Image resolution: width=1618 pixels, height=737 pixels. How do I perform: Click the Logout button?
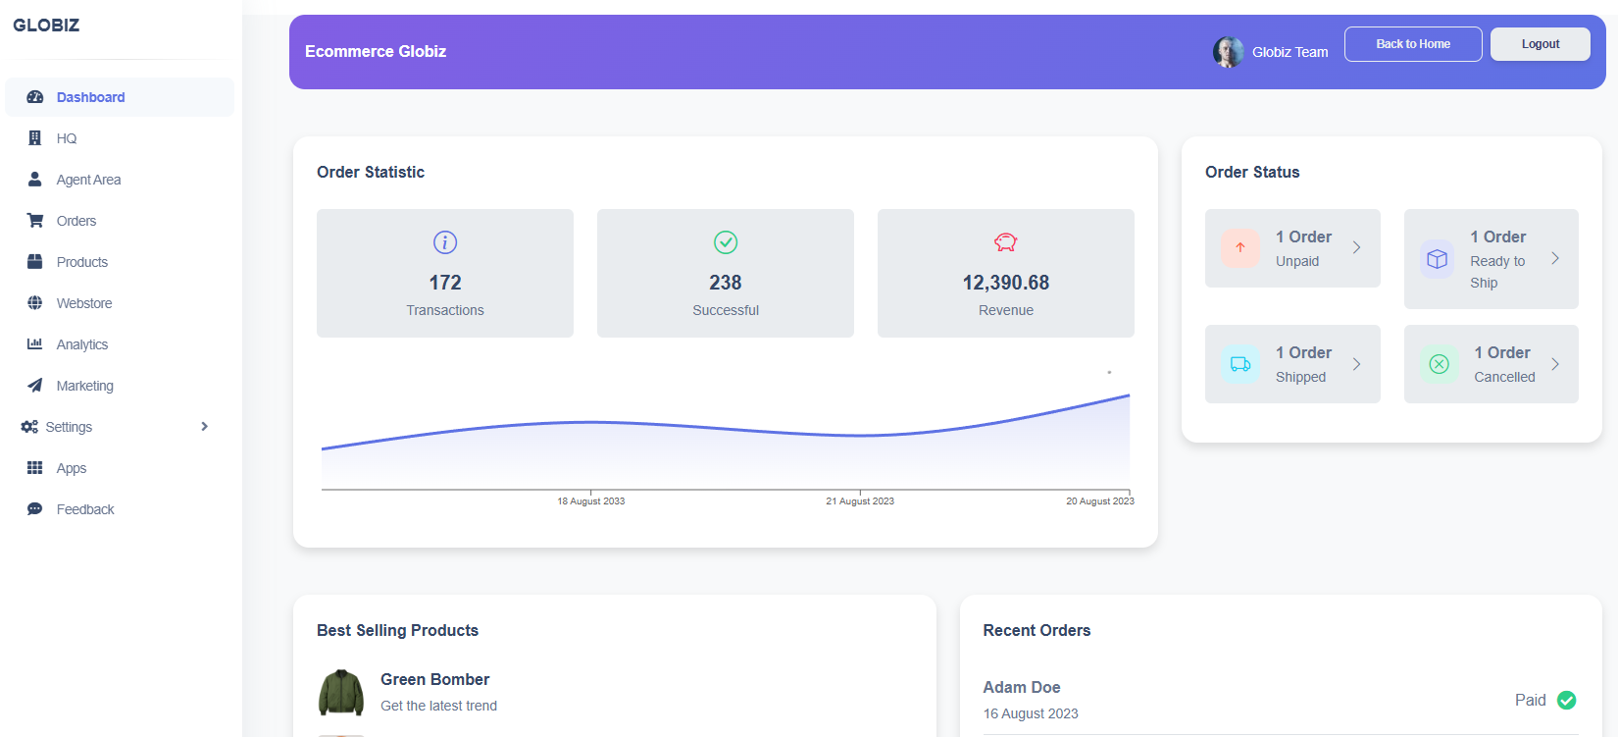tap(1540, 44)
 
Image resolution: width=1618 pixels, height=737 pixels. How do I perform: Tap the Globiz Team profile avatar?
tap(1228, 52)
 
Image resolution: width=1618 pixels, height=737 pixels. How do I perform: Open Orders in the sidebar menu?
tap(76, 221)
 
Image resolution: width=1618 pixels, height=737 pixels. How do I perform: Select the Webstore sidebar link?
tap(83, 303)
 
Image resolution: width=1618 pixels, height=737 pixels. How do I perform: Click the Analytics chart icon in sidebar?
tap(35, 344)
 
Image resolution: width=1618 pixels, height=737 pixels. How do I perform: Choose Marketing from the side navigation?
tap(84, 386)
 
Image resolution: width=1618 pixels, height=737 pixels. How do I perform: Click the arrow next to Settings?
tap(204, 427)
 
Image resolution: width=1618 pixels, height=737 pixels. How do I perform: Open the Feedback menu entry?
tap(84, 509)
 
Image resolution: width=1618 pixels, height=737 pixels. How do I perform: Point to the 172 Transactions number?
tap(444, 283)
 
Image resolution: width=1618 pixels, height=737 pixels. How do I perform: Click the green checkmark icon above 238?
tap(726, 242)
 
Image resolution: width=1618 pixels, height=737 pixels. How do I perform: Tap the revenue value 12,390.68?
tap(1005, 283)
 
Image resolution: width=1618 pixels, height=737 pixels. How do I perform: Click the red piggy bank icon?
tap(1005, 242)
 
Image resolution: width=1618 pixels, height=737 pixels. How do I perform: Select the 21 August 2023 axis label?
tap(859, 501)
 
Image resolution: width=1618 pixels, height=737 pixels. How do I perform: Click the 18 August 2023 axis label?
tap(590, 501)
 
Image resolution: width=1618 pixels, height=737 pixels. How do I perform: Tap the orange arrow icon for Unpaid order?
tap(1240, 248)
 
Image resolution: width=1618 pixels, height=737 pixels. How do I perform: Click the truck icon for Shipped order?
tap(1240, 364)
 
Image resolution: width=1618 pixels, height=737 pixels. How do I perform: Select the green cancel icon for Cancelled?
tap(1439, 364)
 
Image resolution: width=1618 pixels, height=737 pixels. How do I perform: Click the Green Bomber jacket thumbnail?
tap(341, 693)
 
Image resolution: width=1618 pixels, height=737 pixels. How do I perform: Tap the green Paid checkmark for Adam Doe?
tap(1566, 700)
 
